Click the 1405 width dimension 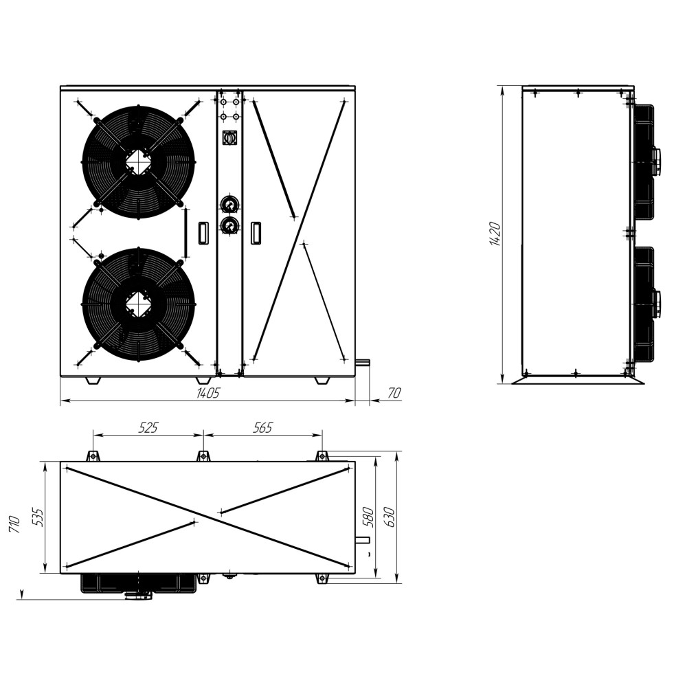point(207,393)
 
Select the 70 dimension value point(394,393)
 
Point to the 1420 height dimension point(495,234)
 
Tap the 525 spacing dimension point(148,427)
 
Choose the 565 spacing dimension point(263,427)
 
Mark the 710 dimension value point(14,524)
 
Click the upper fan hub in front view point(138,161)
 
